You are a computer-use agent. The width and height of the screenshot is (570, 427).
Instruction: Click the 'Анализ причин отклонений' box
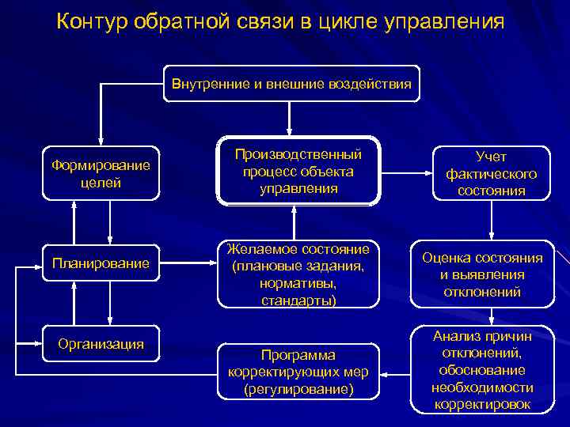tap(481, 369)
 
